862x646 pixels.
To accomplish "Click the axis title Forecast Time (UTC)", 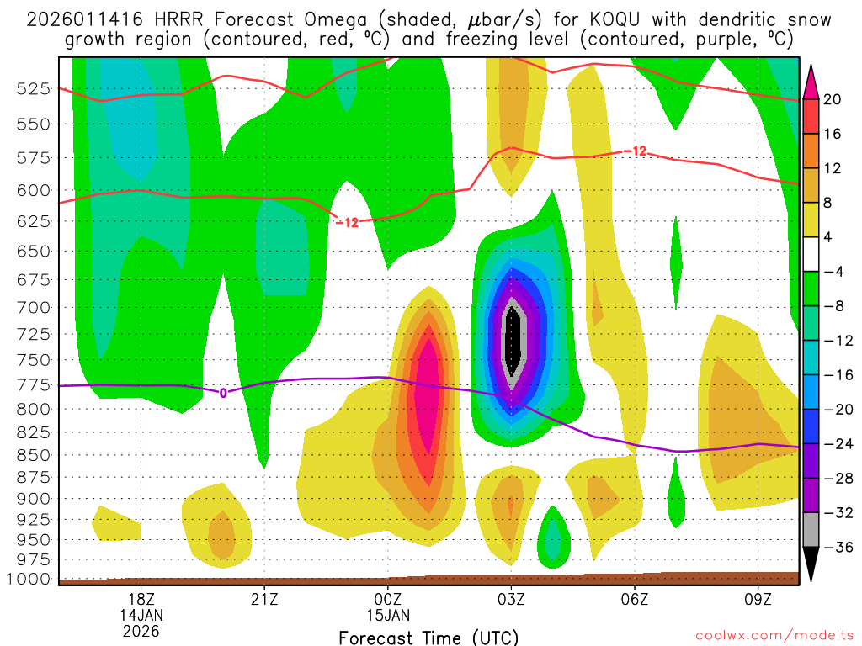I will [429, 637].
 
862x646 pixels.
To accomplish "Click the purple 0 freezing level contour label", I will [223, 392].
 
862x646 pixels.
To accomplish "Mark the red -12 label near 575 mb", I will [636, 151].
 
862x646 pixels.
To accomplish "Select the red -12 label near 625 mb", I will [347, 223].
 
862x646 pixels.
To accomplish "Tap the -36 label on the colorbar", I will [835, 547].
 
